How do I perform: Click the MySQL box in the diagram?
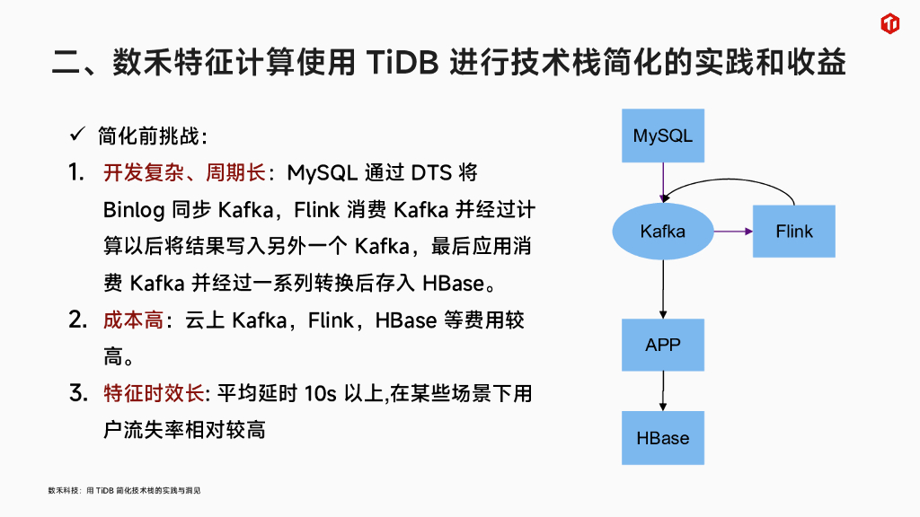(663, 136)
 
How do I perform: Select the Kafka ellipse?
(663, 232)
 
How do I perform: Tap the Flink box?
(794, 232)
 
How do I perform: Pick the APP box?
(663, 345)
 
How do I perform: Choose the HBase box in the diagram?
(663, 438)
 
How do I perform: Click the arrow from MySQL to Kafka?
(663, 182)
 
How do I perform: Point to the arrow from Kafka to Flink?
(733, 232)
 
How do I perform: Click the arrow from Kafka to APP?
(663, 287)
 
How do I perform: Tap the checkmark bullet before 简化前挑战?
(77, 136)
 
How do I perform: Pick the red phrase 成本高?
(133, 320)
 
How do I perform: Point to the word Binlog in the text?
(134, 209)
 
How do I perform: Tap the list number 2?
(77, 320)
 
